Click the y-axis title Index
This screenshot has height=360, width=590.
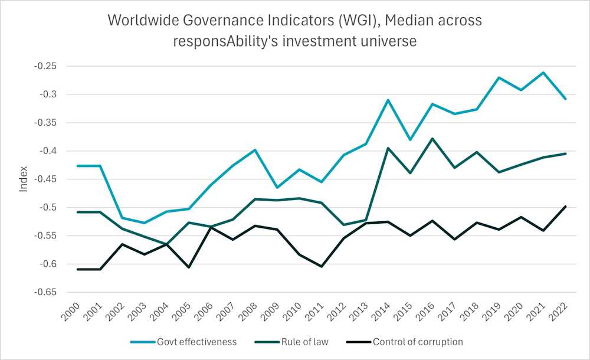[x=24, y=179]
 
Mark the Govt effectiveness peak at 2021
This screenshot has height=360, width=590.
[x=543, y=73]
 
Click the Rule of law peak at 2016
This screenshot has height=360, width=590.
[x=432, y=139]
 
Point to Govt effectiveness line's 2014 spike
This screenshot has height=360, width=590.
[x=388, y=100]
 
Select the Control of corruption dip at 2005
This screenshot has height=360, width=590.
[x=188, y=267]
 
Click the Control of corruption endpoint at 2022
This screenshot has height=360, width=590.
[x=565, y=207]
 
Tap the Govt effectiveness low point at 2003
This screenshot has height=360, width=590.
[x=144, y=222]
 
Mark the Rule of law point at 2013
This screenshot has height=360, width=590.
[x=366, y=220]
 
